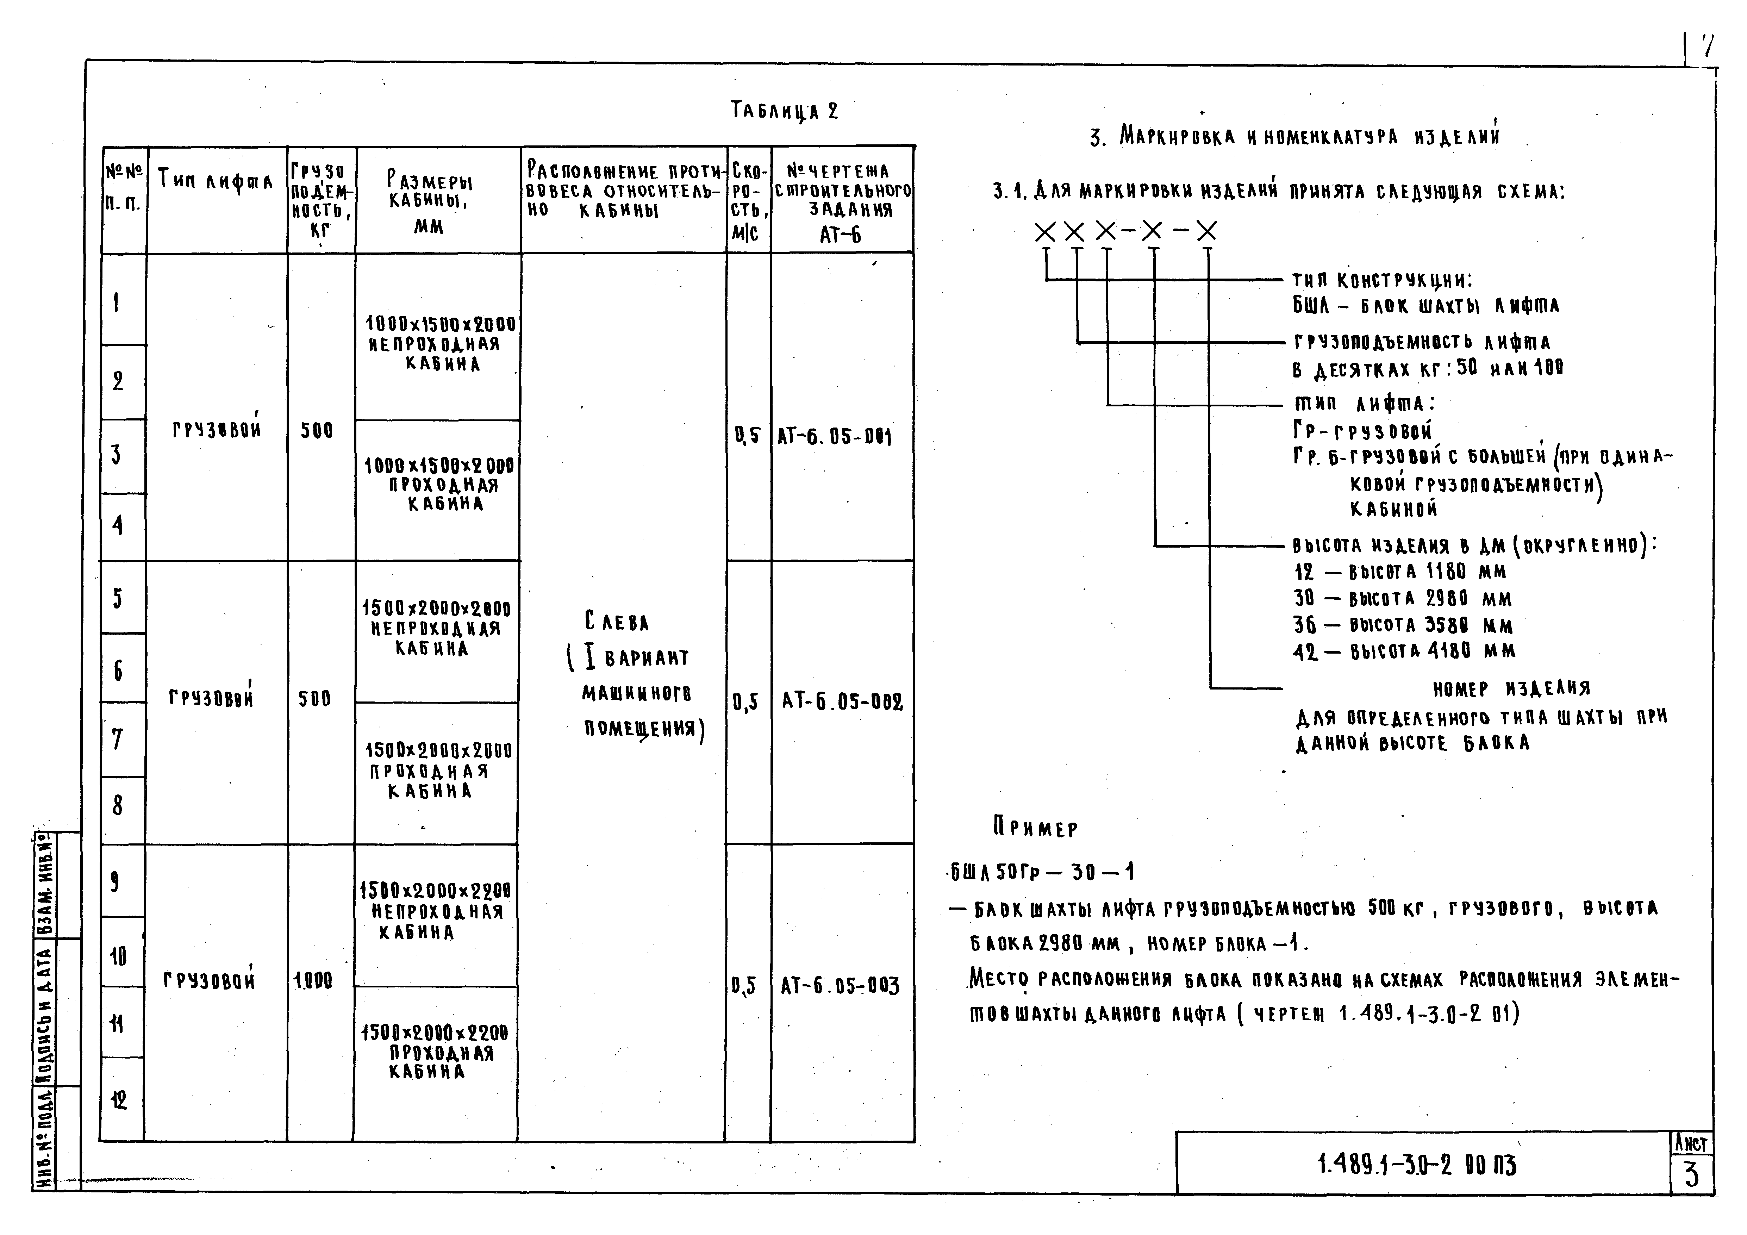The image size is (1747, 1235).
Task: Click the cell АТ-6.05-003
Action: pos(840,986)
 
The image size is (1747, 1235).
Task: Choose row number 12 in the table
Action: pos(118,1099)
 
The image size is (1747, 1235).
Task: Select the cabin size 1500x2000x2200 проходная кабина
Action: pos(435,1052)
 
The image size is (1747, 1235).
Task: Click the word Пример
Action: pos(1036,828)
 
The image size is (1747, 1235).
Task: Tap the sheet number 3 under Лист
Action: pos(1691,1175)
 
